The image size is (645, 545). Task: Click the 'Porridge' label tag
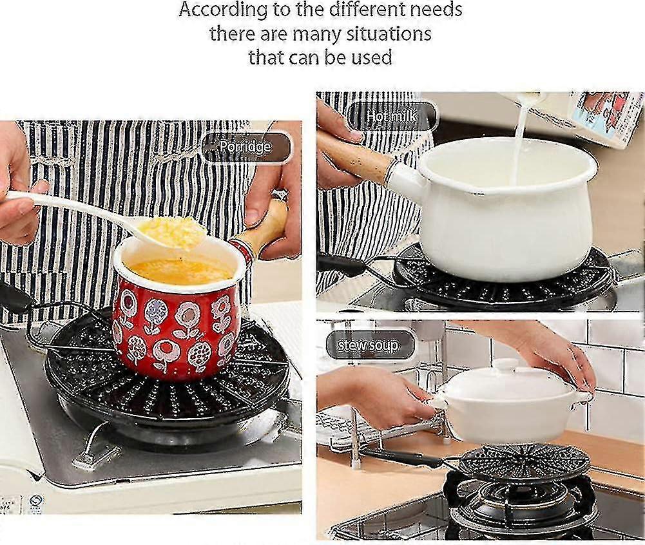[245, 147]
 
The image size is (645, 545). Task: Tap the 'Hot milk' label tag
[392, 117]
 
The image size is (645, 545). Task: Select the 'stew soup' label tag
[369, 345]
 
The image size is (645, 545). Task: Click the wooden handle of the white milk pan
[353, 156]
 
